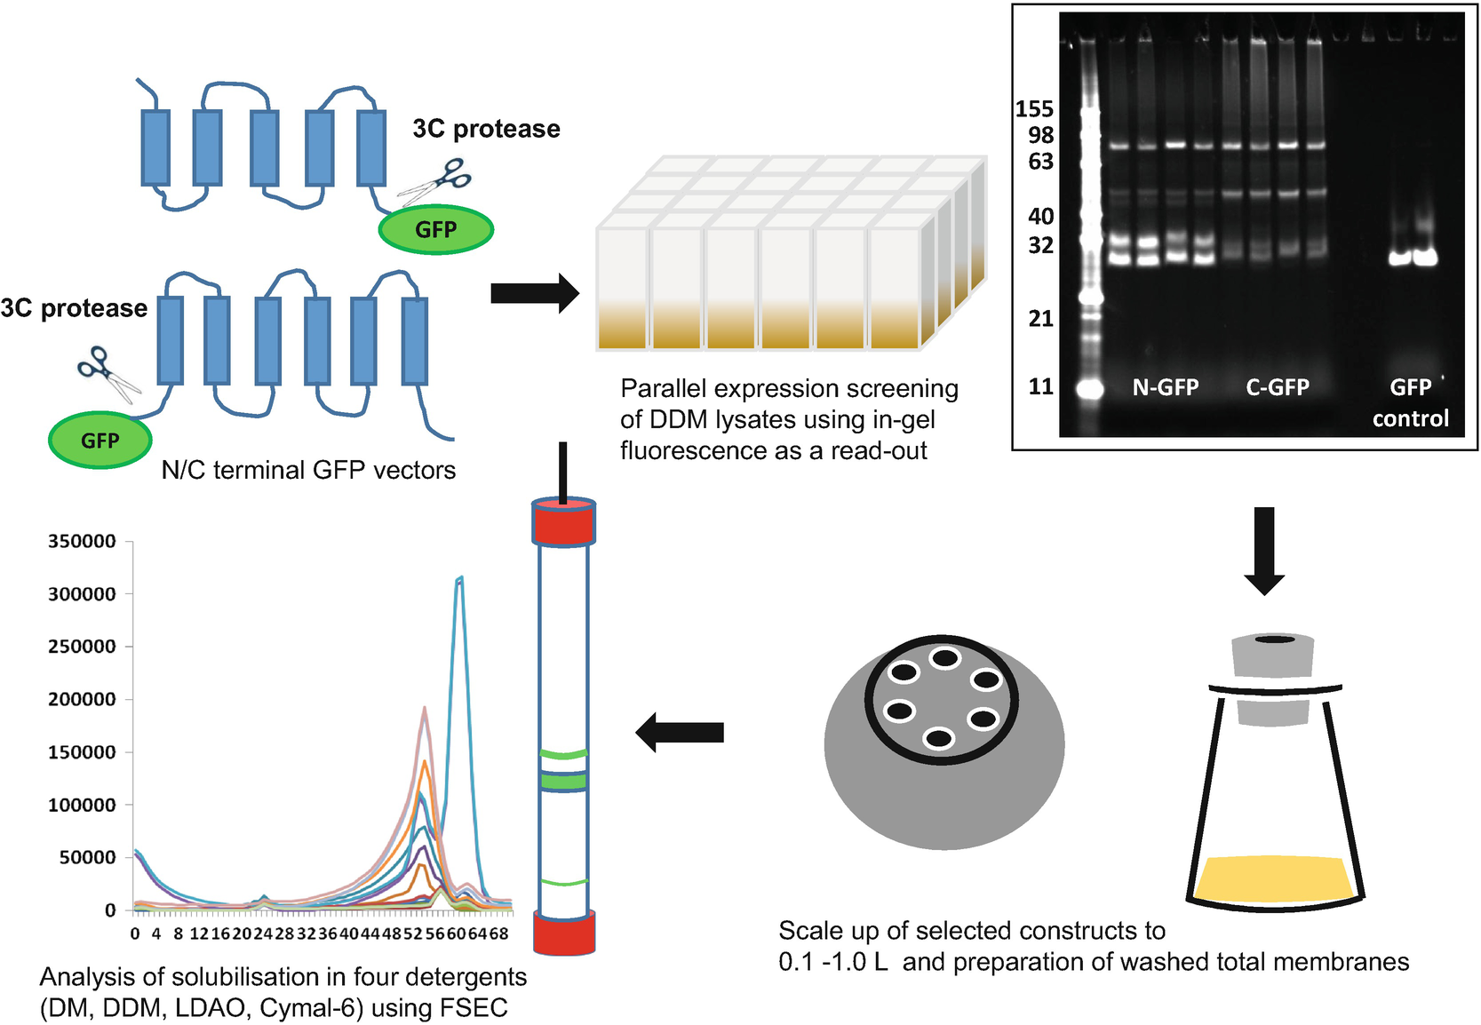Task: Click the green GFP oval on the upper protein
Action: [435, 229]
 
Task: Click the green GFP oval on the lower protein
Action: [100, 441]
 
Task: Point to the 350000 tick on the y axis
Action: [82, 542]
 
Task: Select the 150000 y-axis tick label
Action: [82, 752]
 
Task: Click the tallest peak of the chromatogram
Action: [459, 579]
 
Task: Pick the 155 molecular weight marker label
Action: [1034, 109]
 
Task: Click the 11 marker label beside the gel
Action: [1040, 386]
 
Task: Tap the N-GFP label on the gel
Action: [1165, 387]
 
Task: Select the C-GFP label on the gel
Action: [1278, 387]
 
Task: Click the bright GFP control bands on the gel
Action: [1413, 258]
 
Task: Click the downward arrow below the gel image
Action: [1263, 551]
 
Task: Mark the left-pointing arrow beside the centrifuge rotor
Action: [681, 732]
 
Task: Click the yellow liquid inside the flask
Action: [1273, 879]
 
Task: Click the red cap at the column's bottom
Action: [563, 933]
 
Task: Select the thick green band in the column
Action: [563, 782]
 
